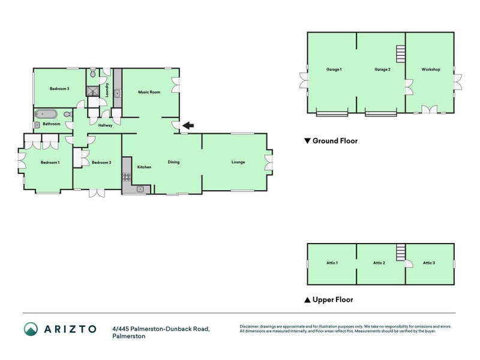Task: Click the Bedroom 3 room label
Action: [59, 89]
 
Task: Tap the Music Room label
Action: [149, 92]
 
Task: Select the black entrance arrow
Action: [188, 125]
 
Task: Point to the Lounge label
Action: [238, 162]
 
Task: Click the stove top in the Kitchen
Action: [127, 176]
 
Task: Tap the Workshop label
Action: [430, 70]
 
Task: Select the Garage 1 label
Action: [334, 70]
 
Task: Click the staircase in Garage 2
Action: [400, 55]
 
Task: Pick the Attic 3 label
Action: [428, 263]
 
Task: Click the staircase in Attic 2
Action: [401, 251]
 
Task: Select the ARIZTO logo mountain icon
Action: [31, 328]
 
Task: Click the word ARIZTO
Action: [69, 328]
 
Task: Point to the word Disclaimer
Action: [251, 326]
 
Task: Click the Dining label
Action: [173, 162]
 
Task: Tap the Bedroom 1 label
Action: [50, 163]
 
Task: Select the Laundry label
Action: [107, 90]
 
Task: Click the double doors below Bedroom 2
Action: [94, 193]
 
